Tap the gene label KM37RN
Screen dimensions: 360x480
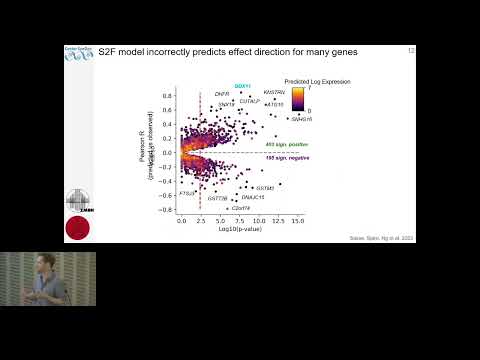click(x=274, y=93)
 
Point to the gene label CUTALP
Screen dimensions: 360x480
click(x=249, y=100)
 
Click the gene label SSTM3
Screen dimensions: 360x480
click(x=265, y=188)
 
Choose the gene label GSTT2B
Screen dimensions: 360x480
click(x=217, y=198)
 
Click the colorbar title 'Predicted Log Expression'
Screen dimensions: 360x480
click(x=313, y=79)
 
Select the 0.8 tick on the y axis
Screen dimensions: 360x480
click(x=169, y=97)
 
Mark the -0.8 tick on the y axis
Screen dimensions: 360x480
click(x=167, y=209)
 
